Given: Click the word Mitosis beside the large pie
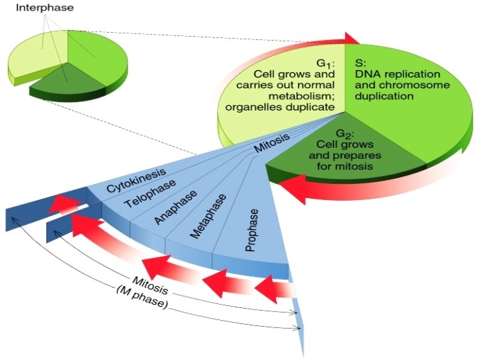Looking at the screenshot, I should [271, 146].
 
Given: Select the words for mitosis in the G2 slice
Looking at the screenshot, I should [345, 166].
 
